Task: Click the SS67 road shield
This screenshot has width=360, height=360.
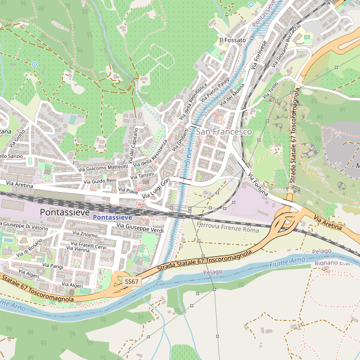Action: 131,281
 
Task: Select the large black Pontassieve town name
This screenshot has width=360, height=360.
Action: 64,212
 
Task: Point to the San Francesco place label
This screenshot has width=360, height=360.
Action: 224,131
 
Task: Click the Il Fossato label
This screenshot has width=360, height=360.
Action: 232,40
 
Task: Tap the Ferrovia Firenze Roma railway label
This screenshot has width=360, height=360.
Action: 227,229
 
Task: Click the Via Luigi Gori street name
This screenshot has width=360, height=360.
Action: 158,186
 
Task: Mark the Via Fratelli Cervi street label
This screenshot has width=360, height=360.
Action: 88,247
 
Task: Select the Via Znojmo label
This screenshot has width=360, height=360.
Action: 85,235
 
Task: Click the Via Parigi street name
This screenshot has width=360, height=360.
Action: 53,265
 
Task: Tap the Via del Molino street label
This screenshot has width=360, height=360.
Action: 232,96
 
